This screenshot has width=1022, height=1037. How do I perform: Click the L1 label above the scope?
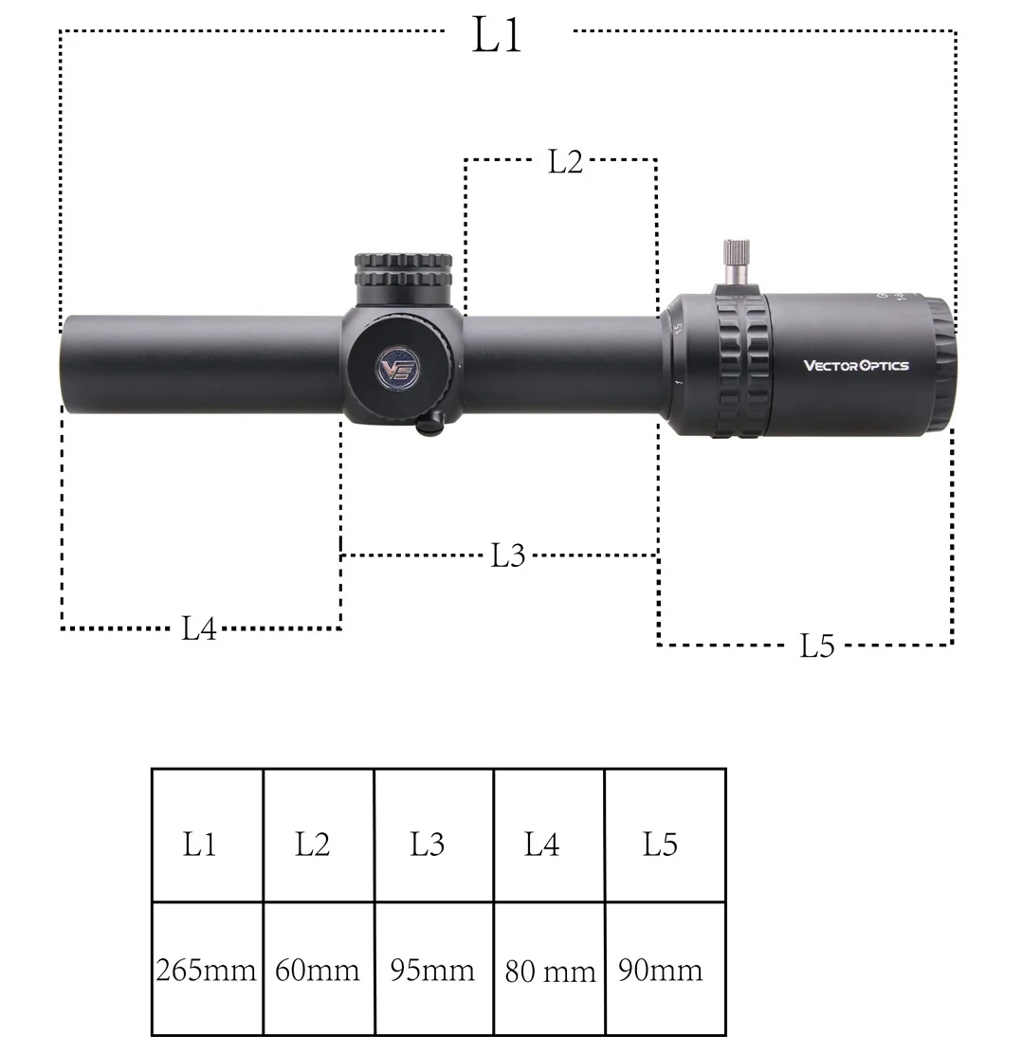click(x=497, y=35)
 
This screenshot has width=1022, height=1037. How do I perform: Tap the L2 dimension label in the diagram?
click(x=566, y=161)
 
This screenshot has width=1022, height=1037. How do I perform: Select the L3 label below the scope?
click(x=507, y=555)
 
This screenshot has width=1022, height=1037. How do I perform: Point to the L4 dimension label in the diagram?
click(x=199, y=628)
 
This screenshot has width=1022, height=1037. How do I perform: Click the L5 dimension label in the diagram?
click(x=817, y=646)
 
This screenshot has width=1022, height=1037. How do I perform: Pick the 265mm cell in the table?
click(x=207, y=971)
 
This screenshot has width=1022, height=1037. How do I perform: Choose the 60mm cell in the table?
click(x=318, y=971)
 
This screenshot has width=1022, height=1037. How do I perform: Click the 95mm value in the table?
click(x=432, y=971)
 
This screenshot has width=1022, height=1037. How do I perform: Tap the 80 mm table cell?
click(x=549, y=971)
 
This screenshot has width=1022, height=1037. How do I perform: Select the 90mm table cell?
click(x=665, y=971)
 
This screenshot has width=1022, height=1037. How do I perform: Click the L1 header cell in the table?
click(x=207, y=835)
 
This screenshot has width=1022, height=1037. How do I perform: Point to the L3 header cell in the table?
click(x=434, y=835)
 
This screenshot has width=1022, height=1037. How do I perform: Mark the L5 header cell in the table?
click(x=665, y=835)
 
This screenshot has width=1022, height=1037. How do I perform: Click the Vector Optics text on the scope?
click(x=856, y=366)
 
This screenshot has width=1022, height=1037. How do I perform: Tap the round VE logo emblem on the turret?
click(x=397, y=369)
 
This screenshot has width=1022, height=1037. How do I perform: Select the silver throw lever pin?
click(x=736, y=264)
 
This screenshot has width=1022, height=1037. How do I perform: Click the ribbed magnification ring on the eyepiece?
click(x=742, y=366)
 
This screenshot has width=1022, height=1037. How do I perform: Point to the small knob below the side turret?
click(x=430, y=423)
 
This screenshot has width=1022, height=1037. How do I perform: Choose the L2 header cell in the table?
click(x=319, y=835)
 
